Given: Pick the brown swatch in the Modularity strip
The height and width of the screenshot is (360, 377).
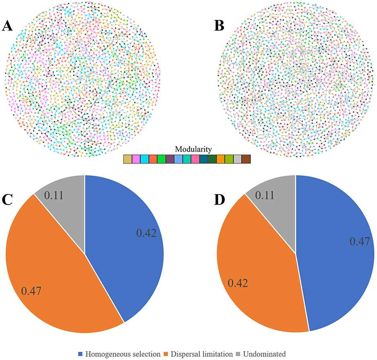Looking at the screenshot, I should coord(246,159).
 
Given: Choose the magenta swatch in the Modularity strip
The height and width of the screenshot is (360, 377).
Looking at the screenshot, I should coord(136,159).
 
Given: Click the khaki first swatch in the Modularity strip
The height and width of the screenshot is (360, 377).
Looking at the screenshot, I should coord(128,159).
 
